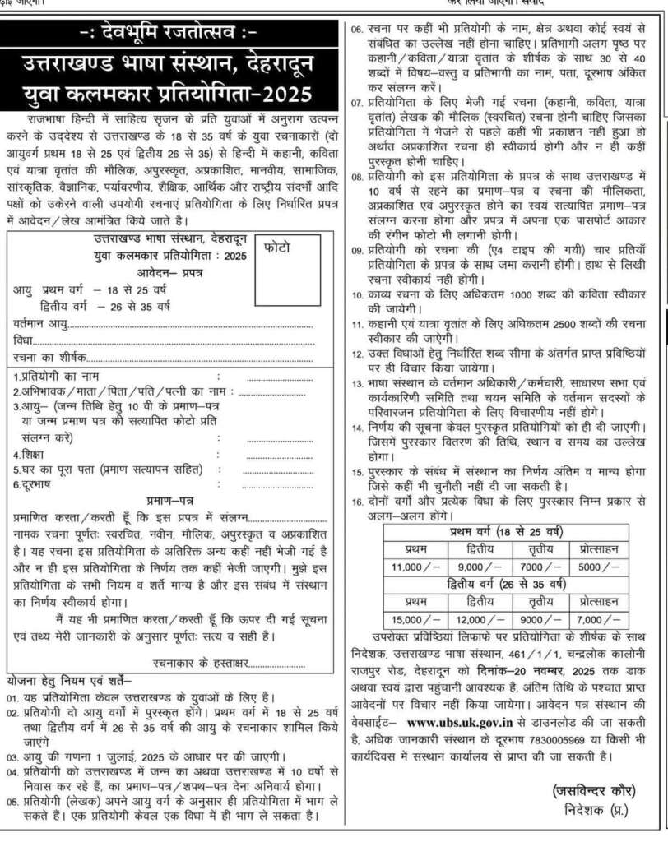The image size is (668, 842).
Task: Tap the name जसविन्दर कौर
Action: click(592, 790)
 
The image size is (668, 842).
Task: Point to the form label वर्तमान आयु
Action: click(42, 323)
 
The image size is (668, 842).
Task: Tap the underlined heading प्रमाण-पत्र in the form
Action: click(170, 499)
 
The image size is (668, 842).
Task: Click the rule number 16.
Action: click(357, 500)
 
